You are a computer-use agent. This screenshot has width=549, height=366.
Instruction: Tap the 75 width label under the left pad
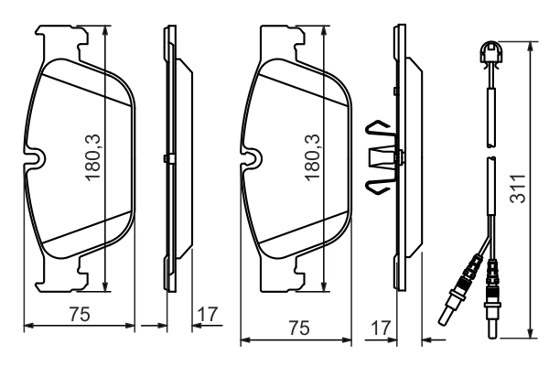click(79, 315)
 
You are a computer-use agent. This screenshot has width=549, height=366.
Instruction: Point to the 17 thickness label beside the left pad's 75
click(209, 315)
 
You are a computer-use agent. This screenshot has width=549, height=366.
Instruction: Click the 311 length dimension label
click(518, 189)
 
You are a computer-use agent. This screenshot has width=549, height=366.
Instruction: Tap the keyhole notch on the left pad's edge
click(37, 159)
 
